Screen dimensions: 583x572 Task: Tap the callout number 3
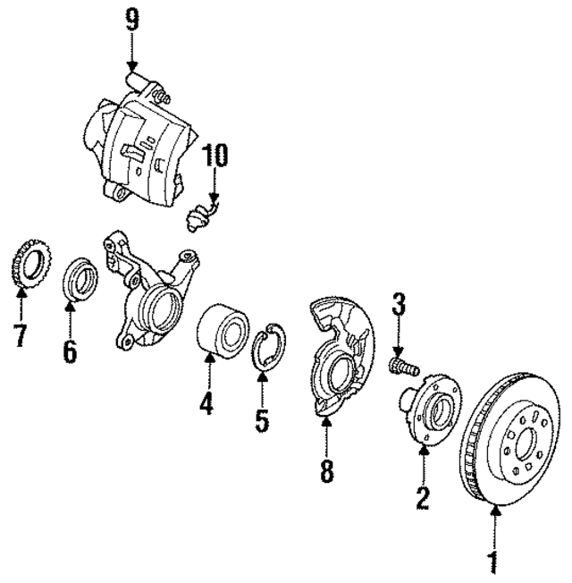399,305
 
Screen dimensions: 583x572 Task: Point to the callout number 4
206,404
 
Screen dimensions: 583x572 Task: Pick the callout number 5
261,419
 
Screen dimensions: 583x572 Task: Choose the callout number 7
20,335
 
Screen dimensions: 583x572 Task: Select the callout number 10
214,156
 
